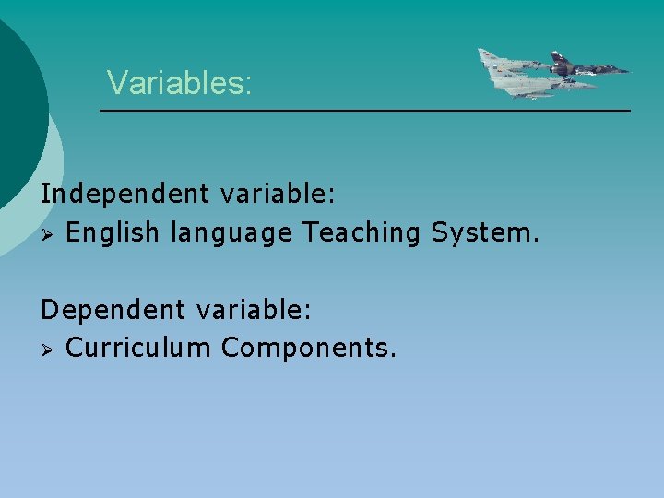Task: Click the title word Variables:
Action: click(179, 83)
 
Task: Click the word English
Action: click(113, 232)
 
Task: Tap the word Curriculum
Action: click(139, 348)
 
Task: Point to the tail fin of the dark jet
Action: click(557, 58)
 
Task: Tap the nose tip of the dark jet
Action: click(630, 70)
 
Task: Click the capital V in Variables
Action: click(116, 83)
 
